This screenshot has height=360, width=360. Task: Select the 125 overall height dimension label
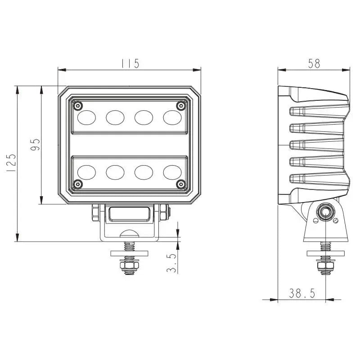pos(11,162)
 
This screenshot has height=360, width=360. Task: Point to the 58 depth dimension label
pos(314,63)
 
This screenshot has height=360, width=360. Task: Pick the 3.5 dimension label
pos(171,262)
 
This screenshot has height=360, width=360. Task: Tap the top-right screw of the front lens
pos(181,105)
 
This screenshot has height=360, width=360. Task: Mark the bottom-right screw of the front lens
pos(181,184)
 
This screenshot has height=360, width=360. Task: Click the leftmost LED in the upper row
pos(86,117)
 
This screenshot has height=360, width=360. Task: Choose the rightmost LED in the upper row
pos(172,117)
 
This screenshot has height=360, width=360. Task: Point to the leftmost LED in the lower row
pos(86,171)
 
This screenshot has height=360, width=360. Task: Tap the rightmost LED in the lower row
pos(172,171)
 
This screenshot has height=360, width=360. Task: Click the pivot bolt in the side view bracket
pos(324,212)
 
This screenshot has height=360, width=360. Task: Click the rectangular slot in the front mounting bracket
pos(130,214)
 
